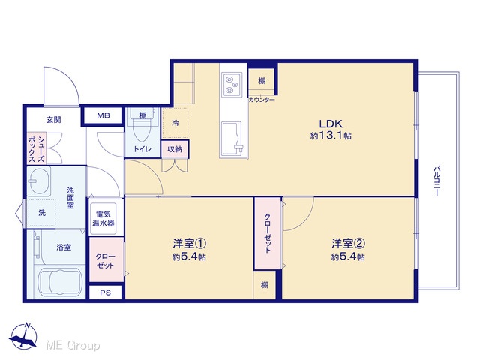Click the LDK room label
click(x=331, y=124)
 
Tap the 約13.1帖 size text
click(x=331, y=136)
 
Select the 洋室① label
click(x=189, y=244)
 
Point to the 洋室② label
click(x=348, y=244)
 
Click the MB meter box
click(x=103, y=115)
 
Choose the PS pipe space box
click(x=105, y=292)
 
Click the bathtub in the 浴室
click(x=59, y=283)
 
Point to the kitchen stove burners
click(x=232, y=83)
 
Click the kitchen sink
click(x=232, y=137)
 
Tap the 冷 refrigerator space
click(x=175, y=123)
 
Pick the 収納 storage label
click(x=175, y=149)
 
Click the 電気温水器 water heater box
click(x=103, y=218)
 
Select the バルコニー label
click(x=436, y=181)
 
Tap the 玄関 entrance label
click(x=54, y=120)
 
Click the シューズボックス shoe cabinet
click(x=37, y=148)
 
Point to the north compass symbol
click(x=23, y=336)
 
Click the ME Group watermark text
click(x=73, y=345)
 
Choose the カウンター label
click(x=262, y=100)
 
